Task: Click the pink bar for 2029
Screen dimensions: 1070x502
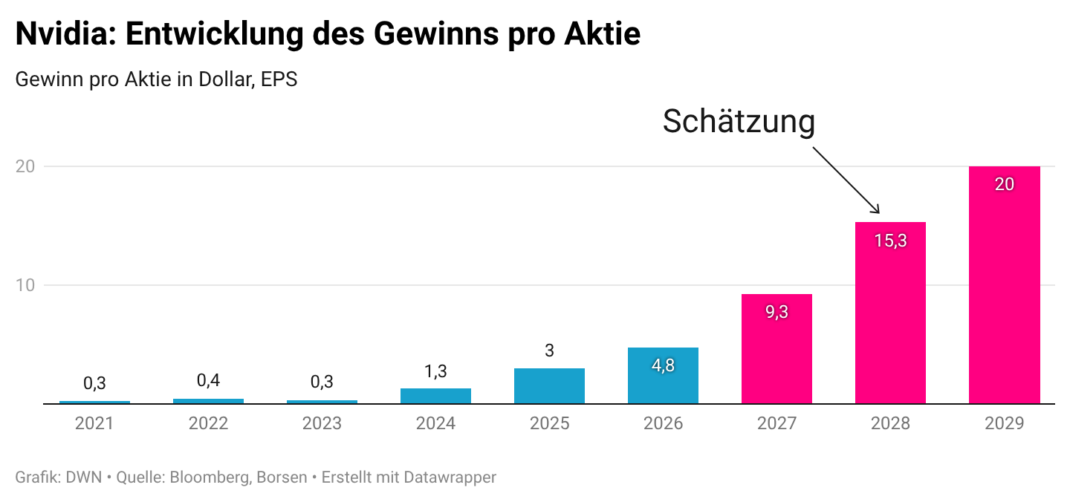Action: tap(1004, 285)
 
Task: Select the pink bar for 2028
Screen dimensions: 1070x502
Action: tap(890, 313)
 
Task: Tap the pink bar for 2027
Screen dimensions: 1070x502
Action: tap(776, 349)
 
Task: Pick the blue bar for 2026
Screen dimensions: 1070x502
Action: tap(663, 376)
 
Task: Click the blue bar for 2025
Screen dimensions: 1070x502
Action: tap(549, 386)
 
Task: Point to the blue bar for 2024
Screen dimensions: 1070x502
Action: tap(435, 396)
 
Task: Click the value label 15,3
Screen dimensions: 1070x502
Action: tap(890, 241)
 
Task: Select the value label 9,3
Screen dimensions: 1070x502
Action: tap(776, 312)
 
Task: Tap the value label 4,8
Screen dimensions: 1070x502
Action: tap(663, 365)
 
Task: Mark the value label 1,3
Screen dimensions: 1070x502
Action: tap(435, 371)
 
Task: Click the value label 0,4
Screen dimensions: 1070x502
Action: tap(208, 380)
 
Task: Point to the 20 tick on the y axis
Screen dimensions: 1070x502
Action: tap(25, 166)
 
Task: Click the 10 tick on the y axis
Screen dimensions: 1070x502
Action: tap(25, 285)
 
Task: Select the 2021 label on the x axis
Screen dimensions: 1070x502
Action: tap(94, 423)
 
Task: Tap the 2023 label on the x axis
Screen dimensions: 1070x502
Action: tap(322, 423)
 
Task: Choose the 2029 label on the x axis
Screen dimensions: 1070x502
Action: tap(1004, 423)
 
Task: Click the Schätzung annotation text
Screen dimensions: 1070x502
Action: tap(739, 121)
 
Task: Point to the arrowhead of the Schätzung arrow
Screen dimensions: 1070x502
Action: tap(878, 212)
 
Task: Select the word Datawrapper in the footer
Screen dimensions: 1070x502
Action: tap(450, 477)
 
